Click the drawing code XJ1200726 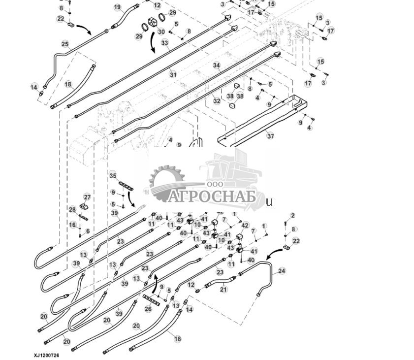[x=46, y=355]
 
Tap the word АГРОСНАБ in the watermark [x=212, y=197]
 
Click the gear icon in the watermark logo [x=166, y=182]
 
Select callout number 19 [x=117, y=7]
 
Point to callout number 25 [x=65, y=44]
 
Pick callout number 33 [x=165, y=43]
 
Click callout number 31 [x=173, y=74]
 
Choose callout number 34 [x=217, y=65]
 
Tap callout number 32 [x=217, y=101]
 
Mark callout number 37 [x=270, y=135]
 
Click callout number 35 [x=113, y=176]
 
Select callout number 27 [x=87, y=197]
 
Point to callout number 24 [x=282, y=271]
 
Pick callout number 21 [x=223, y=290]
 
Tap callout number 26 [x=148, y=309]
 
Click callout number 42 [x=245, y=225]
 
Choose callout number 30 [x=161, y=32]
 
